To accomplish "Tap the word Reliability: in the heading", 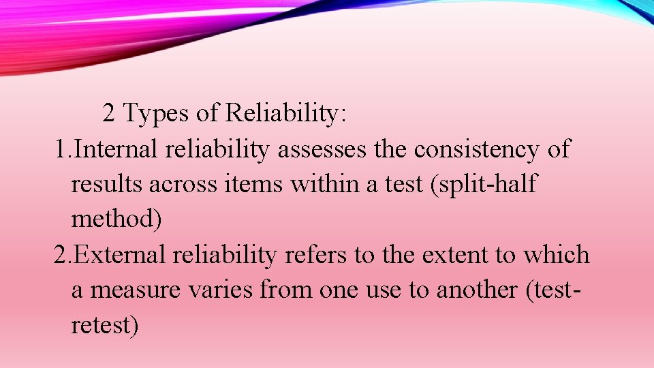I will [286, 113].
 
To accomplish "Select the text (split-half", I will [482, 184].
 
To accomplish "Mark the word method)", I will [116, 219].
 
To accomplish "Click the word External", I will [119, 255].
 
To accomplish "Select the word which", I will [556, 255].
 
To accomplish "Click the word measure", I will [128, 290].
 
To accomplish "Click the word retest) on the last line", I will [105, 325].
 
